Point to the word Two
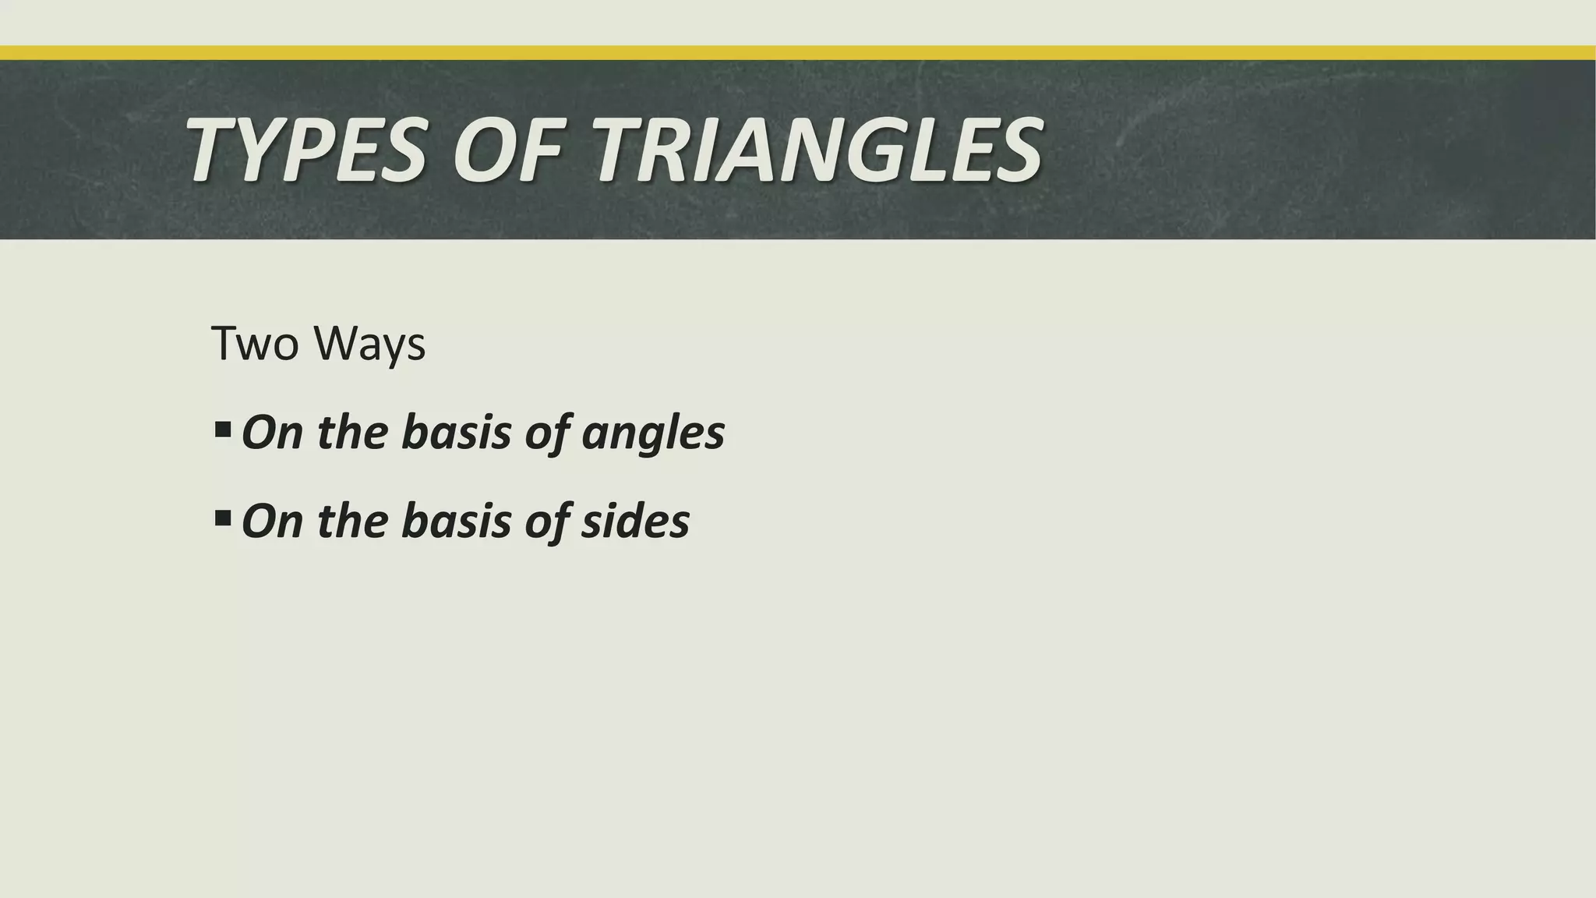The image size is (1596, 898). pyautogui.click(x=254, y=343)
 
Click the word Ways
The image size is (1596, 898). pyautogui.click(x=370, y=345)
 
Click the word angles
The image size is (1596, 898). pyautogui.click(x=653, y=433)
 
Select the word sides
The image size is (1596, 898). pyautogui.click(x=635, y=521)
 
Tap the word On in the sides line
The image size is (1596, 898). pyautogui.click(x=272, y=521)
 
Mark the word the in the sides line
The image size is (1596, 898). pyautogui.click(x=351, y=521)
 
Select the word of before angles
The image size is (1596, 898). pyautogui.click(x=546, y=433)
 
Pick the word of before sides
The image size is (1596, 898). pyautogui.click(x=546, y=522)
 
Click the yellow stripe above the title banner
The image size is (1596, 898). pyautogui.click(x=798, y=53)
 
